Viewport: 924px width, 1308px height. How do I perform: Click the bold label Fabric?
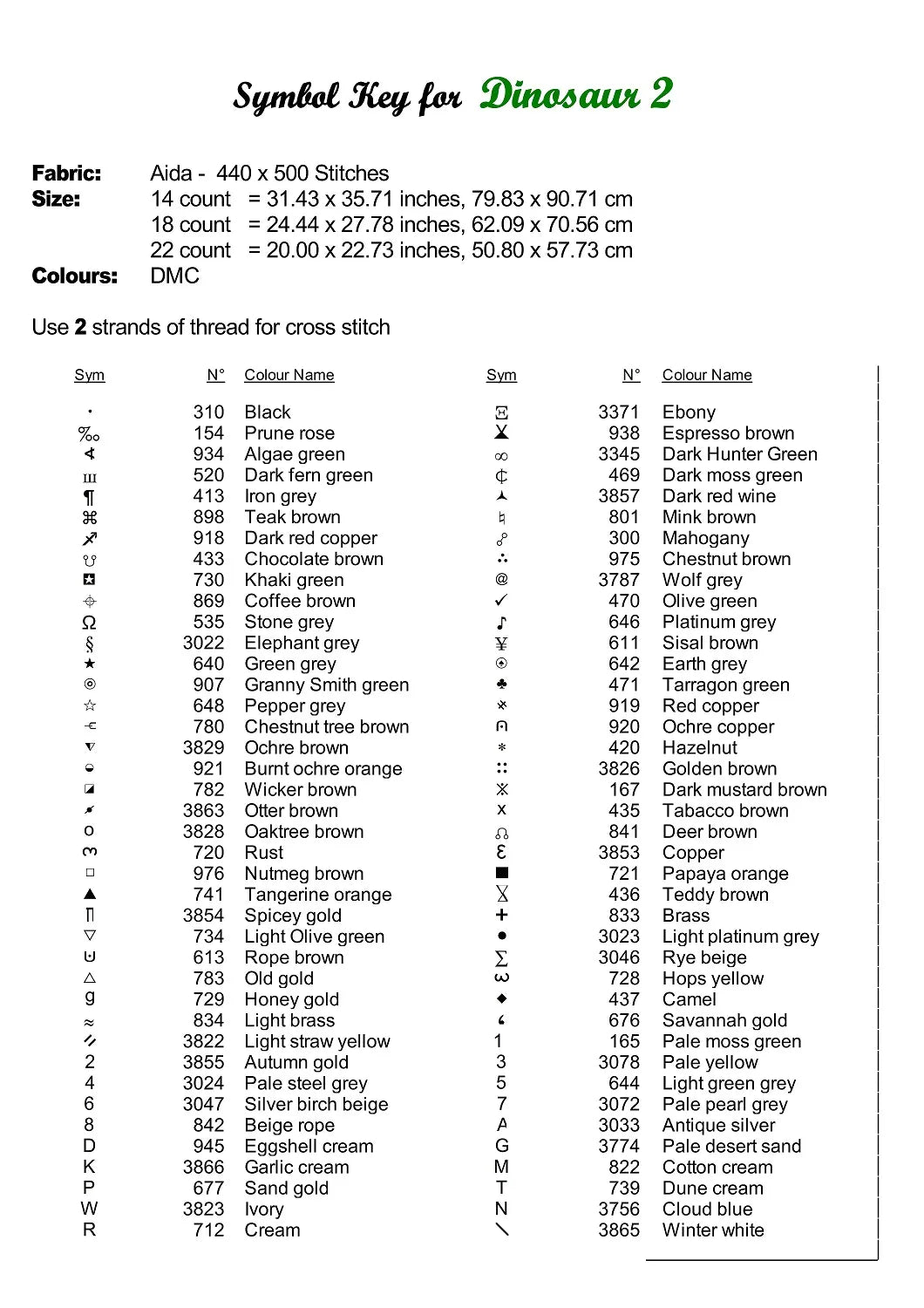coord(66,174)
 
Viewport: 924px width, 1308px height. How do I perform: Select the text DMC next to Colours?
coord(174,276)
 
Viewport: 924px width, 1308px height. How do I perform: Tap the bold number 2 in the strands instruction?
coord(80,327)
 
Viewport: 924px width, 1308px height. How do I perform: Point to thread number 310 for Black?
coord(208,412)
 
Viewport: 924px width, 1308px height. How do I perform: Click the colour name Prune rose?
coord(289,433)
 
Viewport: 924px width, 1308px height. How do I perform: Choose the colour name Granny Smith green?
coord(326,685)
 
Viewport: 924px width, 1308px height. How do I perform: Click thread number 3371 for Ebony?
coord(618,412)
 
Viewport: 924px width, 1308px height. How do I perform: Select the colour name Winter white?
coord(713,1230)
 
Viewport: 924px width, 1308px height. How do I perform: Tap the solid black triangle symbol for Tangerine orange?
coord(90,894)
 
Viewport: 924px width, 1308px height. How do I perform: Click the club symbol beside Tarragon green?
coord(501,685)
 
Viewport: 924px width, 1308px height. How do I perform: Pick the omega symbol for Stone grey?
coord(89,623)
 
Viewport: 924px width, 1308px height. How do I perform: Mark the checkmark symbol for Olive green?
coord(501,601)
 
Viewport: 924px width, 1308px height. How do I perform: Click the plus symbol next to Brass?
coord(501,915)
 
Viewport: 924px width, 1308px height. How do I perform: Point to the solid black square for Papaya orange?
coord(501,873)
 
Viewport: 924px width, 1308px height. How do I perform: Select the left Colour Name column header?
coord(289,375)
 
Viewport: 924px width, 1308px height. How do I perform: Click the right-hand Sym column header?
coord(501,375)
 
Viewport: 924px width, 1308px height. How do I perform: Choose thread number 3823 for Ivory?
coord(203,1209)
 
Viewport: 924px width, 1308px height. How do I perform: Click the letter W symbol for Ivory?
coord(89,1209)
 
